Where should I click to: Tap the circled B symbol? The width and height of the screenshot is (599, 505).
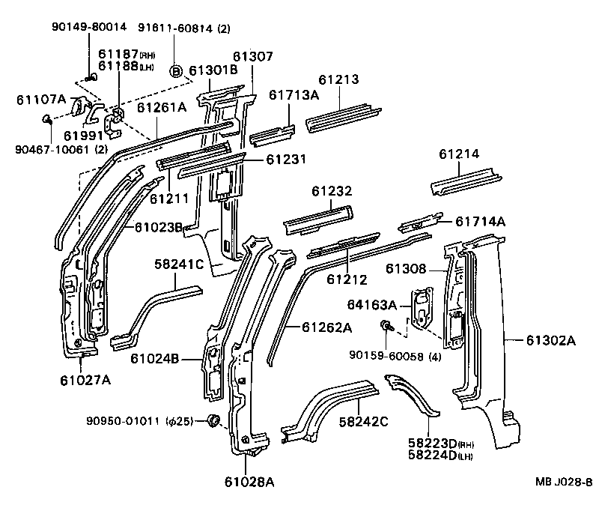176,71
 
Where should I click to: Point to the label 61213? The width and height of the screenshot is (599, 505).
338,79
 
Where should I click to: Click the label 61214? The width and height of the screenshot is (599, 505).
459,154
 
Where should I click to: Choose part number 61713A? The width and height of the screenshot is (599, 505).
294,94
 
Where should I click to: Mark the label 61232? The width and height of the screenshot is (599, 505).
332,192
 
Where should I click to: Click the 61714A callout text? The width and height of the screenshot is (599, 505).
481,221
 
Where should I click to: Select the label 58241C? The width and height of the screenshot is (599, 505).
179,264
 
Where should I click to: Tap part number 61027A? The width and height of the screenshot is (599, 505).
85,380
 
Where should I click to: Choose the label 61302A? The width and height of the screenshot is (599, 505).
550,341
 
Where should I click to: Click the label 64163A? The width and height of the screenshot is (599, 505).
371,304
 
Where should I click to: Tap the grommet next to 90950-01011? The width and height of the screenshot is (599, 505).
212,420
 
